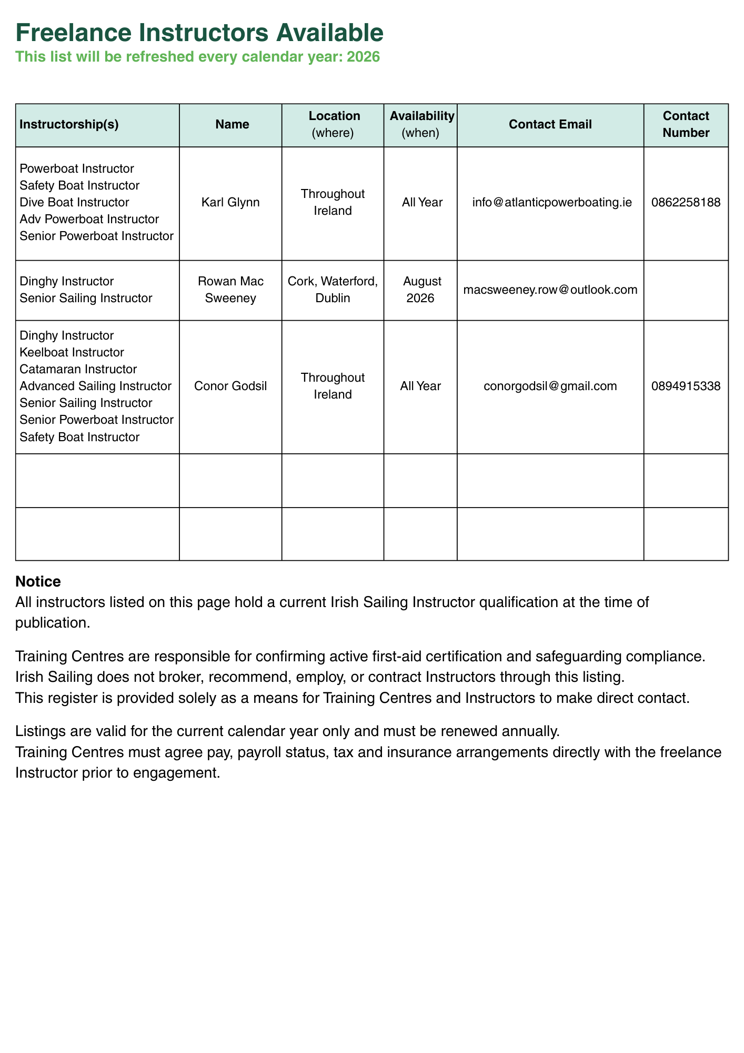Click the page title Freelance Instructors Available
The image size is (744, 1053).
(199, 33)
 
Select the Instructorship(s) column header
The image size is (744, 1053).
(69, 125)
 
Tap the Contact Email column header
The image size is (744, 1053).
(550, 124)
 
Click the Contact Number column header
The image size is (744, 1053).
(686, 124)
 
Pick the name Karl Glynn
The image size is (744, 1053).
(230, 202)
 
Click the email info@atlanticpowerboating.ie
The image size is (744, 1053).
(552, 202)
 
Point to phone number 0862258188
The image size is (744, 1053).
(686, 202)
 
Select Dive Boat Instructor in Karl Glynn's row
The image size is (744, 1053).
(74, 202)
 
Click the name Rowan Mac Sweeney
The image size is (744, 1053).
(230, 290)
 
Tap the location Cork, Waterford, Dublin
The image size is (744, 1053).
(333, 290)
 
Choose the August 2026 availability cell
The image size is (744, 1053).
(420, 290)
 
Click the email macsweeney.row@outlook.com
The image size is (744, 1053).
(550, 290)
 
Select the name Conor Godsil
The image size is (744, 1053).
(230, 386)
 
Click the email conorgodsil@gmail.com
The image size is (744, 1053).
(550, 386)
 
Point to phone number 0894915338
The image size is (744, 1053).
(686, 386)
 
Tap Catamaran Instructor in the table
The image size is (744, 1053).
(78, 369)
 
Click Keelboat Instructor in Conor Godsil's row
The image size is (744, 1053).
(72, 352)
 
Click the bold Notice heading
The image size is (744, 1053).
(38, 582)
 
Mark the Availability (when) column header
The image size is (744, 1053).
(421, 124)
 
